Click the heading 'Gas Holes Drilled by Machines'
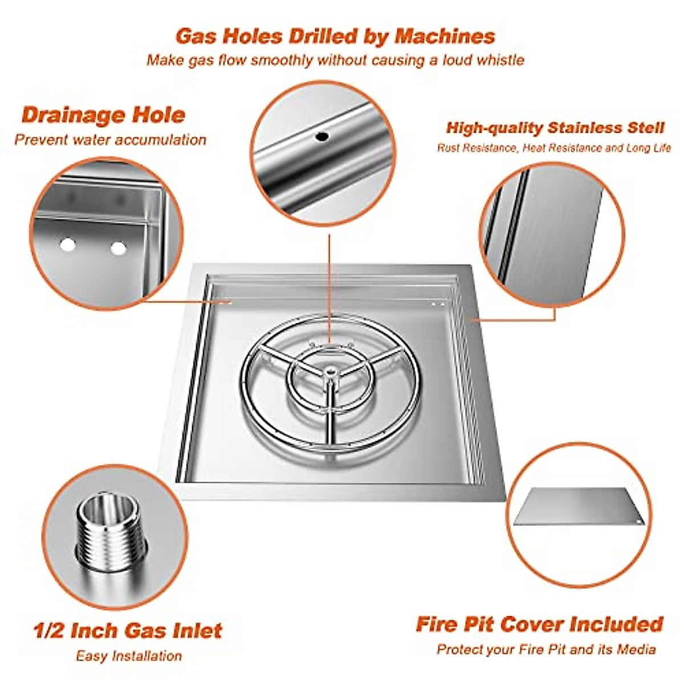335,36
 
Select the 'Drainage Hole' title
103,115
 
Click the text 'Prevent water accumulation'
110,140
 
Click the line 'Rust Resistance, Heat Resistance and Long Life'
553,148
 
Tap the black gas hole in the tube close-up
322,137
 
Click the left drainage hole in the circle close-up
68,245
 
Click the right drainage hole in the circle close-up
118,249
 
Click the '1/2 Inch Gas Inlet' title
127,631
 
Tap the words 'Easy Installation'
129,656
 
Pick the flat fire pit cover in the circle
579,507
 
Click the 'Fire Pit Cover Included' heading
539,624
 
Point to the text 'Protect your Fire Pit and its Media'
546,649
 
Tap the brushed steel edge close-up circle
552,234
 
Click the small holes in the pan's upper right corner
437,304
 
